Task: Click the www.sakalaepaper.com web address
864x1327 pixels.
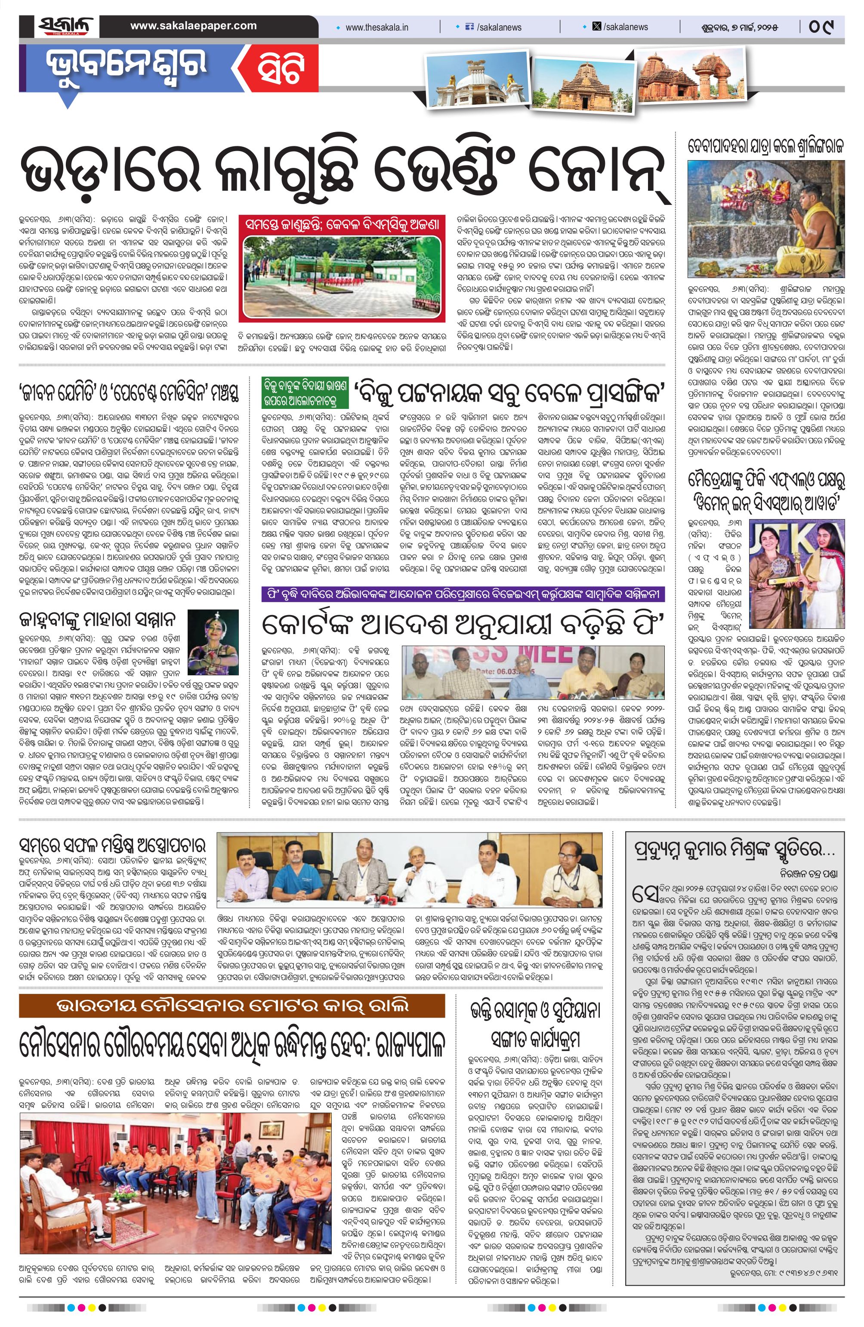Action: tap(194, 26)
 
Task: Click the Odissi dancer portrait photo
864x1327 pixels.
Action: tap(213, 634)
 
